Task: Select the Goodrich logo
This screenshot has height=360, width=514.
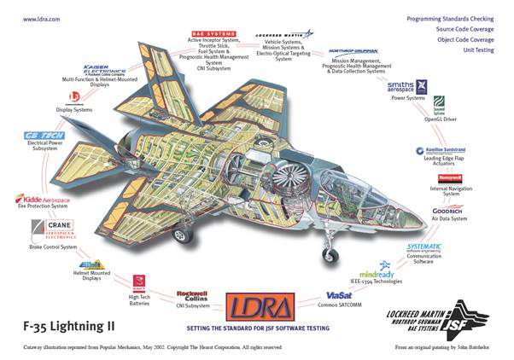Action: pyautogui.click(x=447, y=209)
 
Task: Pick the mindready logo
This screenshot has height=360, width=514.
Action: pyautogui.click(x=377, y=276)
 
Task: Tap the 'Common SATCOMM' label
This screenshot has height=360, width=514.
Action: pyautogui.click(x=338, y=305)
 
